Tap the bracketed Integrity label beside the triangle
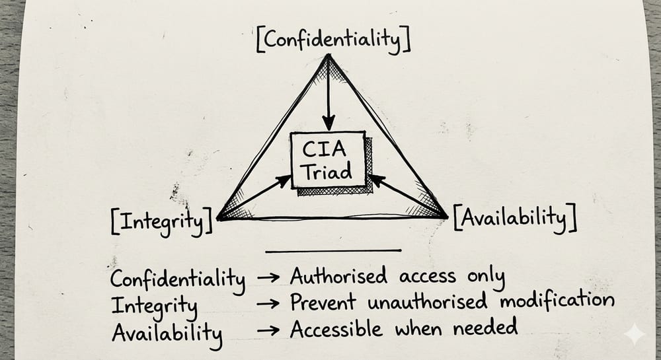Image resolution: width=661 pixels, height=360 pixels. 162,221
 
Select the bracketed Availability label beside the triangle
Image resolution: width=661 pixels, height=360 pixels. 515,219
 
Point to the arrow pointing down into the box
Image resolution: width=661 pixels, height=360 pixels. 329,92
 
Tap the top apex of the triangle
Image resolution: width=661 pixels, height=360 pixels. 329,55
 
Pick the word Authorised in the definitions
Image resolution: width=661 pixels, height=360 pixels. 338,277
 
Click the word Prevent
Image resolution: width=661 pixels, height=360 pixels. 323,302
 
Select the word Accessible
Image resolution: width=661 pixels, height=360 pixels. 336,329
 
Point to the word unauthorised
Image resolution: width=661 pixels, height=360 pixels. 428,301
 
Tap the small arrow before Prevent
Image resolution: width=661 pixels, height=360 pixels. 268,303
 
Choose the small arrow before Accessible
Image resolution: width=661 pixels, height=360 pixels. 268,330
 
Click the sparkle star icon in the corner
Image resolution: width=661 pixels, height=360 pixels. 635,334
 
